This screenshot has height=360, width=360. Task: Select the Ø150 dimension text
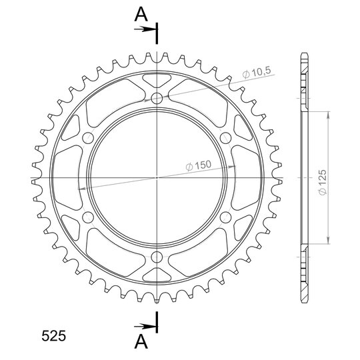198,165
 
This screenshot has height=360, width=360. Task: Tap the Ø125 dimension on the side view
323,182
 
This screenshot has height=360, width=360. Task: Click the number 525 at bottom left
54,336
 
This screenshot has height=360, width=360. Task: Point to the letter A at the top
141,14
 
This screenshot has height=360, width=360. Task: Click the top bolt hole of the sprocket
157,99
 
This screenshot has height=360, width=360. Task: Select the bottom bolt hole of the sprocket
157,257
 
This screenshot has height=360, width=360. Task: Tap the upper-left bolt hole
88,138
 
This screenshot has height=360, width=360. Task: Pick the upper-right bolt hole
225,138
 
